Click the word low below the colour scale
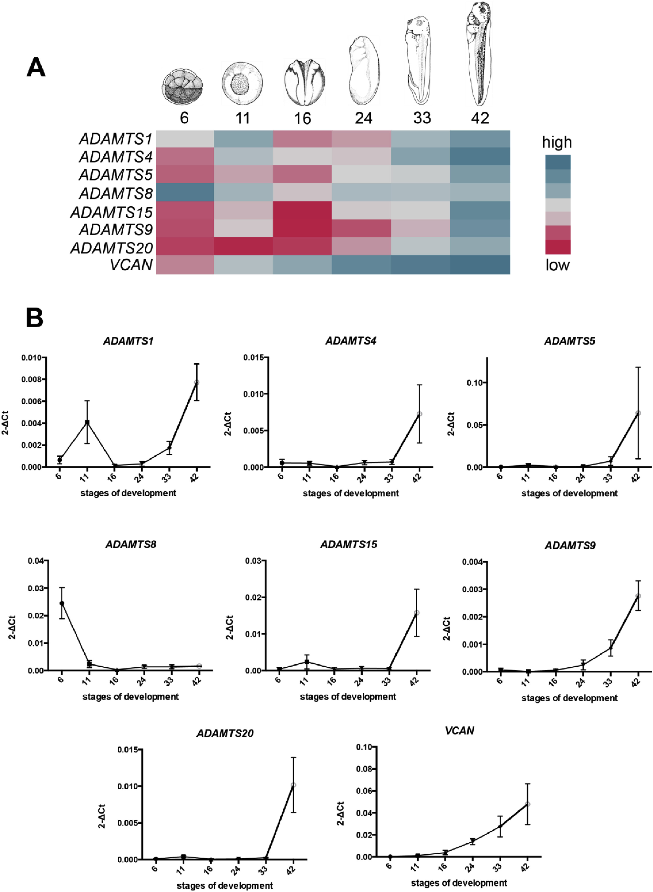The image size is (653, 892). point(557,265)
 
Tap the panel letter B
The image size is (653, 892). point(35,318)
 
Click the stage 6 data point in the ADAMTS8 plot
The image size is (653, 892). point(62,603)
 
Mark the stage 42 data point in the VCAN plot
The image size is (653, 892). point(527,804)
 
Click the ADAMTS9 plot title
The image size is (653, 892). point(570,546)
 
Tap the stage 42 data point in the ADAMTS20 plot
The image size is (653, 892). point(293,785)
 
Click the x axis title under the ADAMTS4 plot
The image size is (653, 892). point(351,493)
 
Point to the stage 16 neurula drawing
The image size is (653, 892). point(304,82)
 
